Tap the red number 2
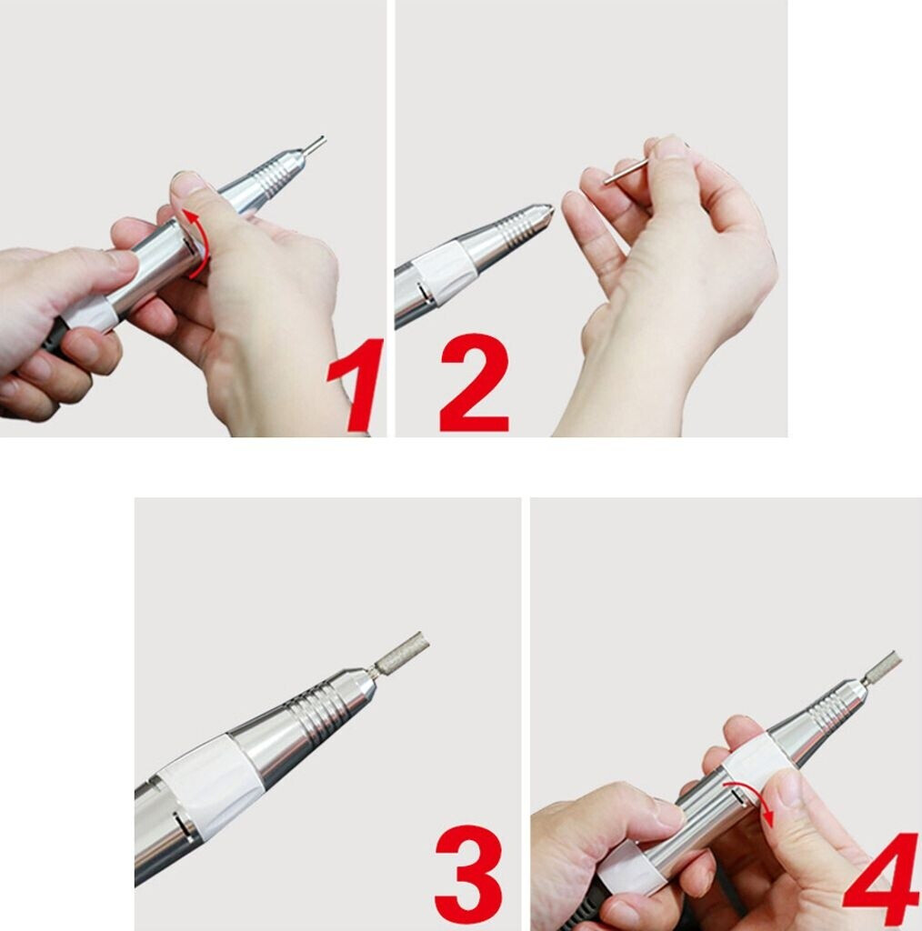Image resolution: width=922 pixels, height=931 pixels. pos(475,383)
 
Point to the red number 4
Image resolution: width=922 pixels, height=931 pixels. pos(882,879)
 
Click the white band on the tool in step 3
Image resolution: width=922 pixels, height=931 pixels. pos(209,785)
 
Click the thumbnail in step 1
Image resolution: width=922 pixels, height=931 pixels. pos(185,181)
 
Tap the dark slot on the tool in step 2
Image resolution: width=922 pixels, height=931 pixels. pos(424,292)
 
